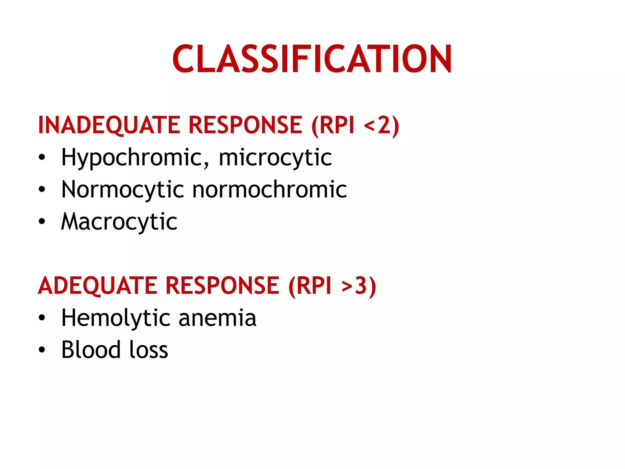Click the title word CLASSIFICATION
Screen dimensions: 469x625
click(x=312, y=59)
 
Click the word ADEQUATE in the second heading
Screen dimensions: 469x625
click(x=97, y=286)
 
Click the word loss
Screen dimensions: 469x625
click(x=149, y=350)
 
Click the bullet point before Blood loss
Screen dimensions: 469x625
click(x=42, y=350)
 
